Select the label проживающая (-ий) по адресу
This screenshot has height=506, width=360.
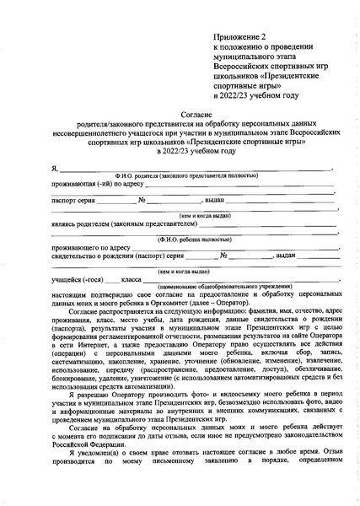89,183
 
